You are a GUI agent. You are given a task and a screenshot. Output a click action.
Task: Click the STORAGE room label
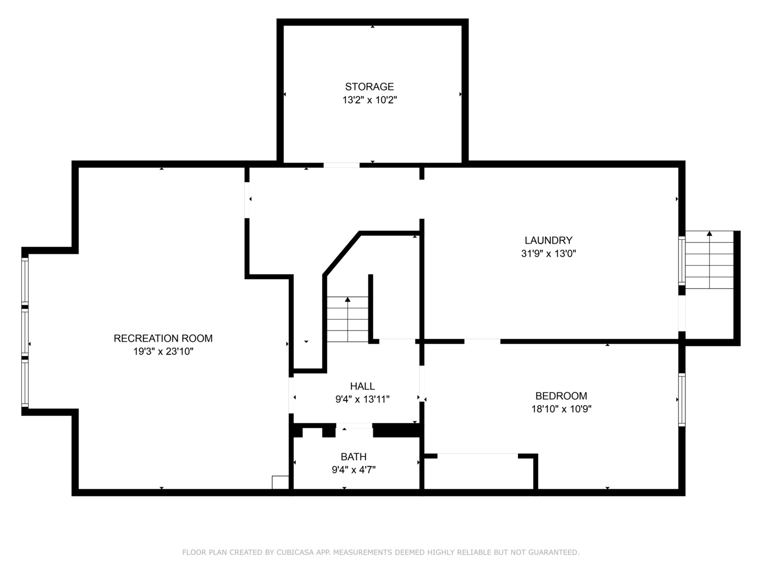[x=369, y=87]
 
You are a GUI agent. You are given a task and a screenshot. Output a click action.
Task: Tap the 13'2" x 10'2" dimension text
[x=369, y=100]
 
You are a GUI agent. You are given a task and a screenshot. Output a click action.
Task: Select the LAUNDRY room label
[x=548, y=240]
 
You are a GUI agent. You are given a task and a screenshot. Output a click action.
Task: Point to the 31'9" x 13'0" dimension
[x=548, y=254]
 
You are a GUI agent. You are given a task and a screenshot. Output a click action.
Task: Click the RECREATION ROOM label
[x=163, y=338]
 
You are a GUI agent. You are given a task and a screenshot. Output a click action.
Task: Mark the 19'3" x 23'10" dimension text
[x=163, y=352]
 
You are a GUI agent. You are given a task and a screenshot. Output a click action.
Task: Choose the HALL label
[x=362, y=387]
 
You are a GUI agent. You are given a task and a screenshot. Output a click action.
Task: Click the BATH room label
[x=353, y=457]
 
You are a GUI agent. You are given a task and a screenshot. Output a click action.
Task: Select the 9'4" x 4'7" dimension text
[x=353, y=470]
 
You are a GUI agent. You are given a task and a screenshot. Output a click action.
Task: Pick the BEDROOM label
[x=561, y=396]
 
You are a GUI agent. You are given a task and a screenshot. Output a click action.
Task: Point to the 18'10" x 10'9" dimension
[x=561, y=409]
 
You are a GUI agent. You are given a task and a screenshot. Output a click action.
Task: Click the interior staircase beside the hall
[x=348, y=319]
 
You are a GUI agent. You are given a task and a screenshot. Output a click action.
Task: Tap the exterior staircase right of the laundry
[x=709, y=260]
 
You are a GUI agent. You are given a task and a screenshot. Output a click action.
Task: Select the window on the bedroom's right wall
[x=682, y=399]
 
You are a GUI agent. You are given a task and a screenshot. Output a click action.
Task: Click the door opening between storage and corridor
[x=341, y=165]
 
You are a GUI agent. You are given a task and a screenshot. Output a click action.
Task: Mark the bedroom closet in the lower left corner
[x=479, y=472]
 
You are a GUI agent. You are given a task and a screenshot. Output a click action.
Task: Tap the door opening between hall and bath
[x=354, y=426]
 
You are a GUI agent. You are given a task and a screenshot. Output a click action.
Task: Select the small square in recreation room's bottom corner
[x=280, y=482]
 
